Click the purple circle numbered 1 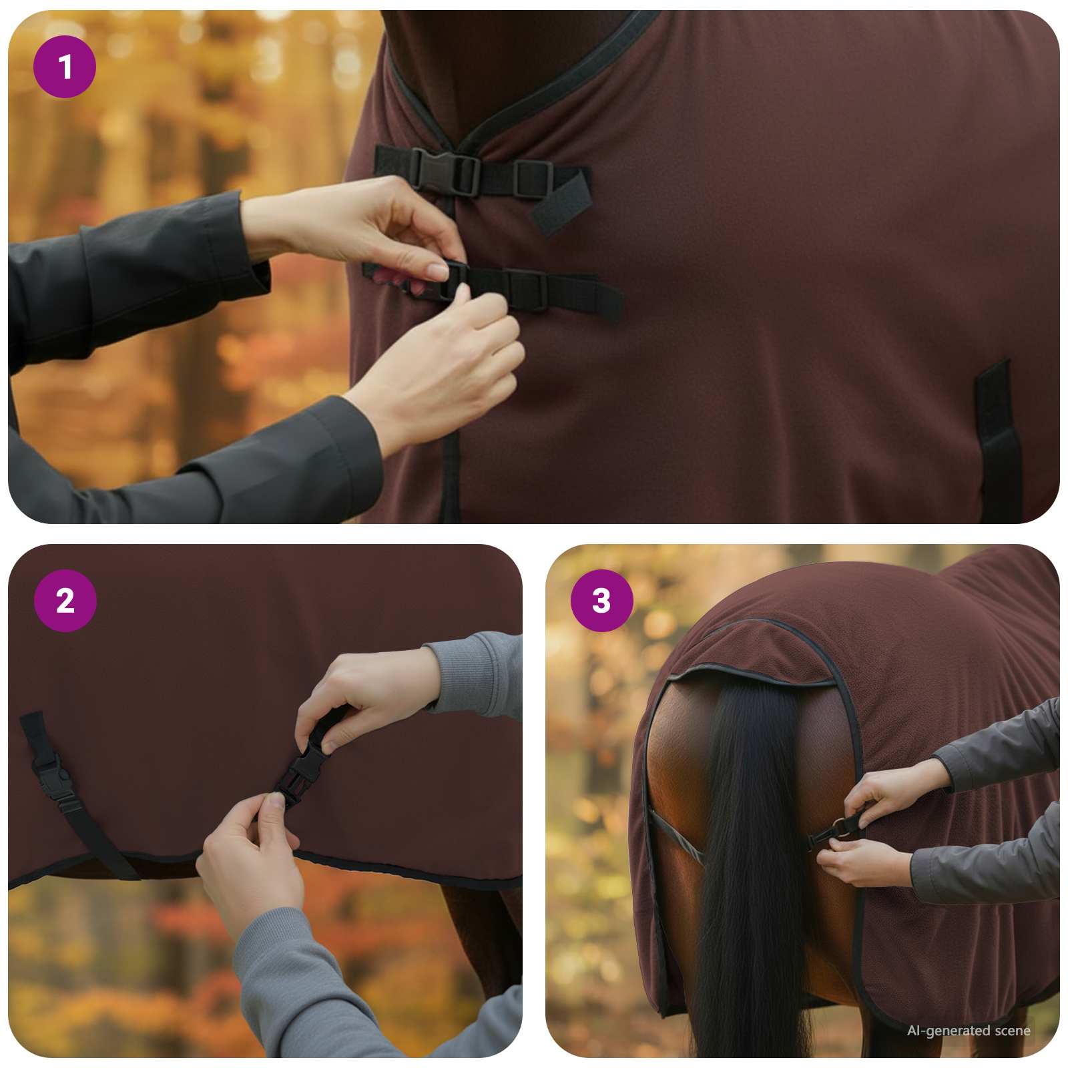pyautogui.click(x=65, y=67)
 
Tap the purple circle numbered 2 pyautogui.click(x=65, y=601)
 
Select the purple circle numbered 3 pyautogui.click(x=601, y=601)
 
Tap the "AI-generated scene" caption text pyautogui.click(x=968, y=1031)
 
